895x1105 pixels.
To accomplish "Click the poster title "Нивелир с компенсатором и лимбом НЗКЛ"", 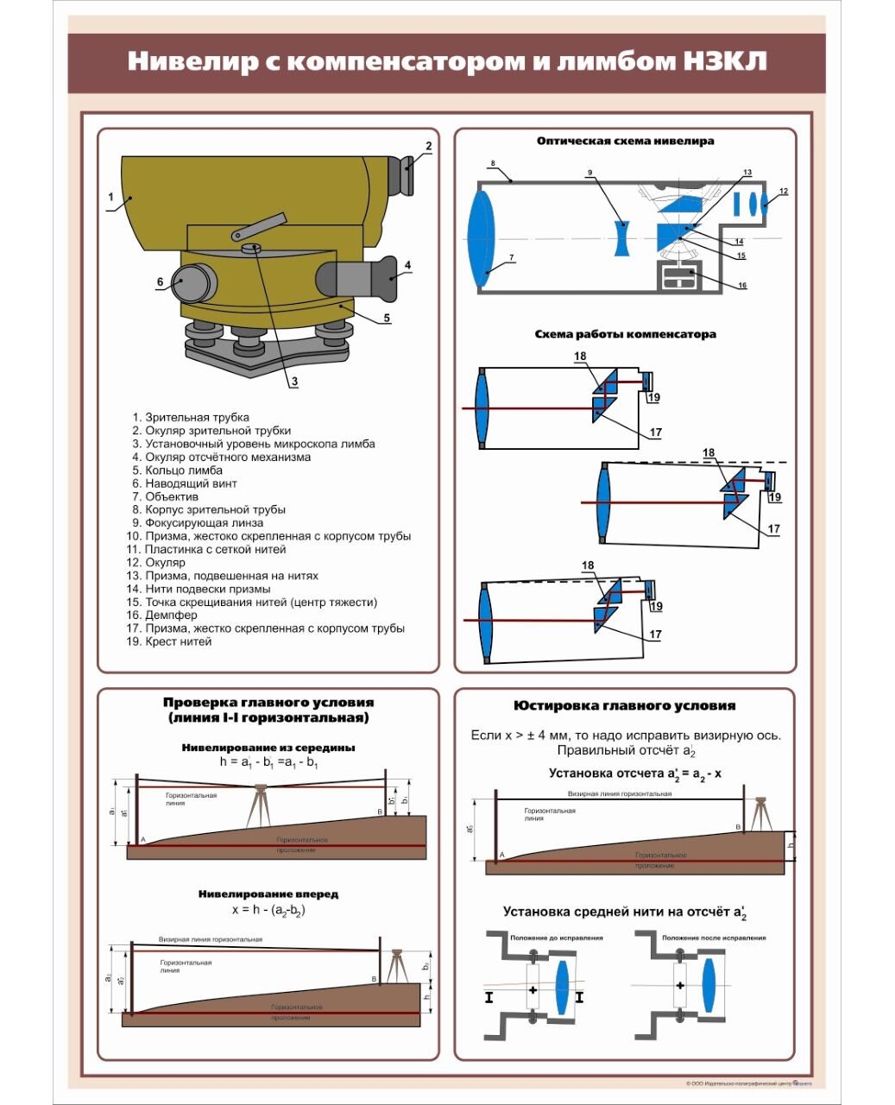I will (x=447, y=61).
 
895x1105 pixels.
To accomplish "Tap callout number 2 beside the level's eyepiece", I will (x=428, y=146).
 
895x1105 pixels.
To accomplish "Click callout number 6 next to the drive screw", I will (x=160, y=281).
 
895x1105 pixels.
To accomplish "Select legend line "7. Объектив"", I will (x=165, y=496).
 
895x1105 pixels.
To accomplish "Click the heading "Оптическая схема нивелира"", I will (x=625, y=141).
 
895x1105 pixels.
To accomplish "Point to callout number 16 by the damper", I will (x=741, y=286).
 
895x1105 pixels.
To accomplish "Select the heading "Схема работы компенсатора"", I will (x=625, y=334).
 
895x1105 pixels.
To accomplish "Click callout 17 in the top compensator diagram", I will (x=655, y=433).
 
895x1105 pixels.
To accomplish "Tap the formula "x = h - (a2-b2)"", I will (x=268, y=910).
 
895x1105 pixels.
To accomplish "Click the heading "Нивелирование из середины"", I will (x=268, y=748).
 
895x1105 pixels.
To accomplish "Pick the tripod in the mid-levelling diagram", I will (x=257, y=806).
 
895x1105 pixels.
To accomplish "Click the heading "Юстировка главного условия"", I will (x=625, y=705).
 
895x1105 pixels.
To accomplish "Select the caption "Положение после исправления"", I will (x=713, y=938).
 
